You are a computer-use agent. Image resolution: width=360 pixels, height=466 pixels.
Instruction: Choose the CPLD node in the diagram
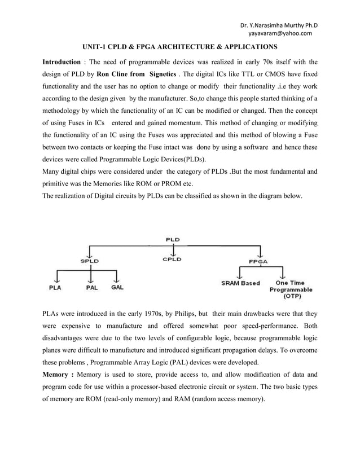tap(172, 260)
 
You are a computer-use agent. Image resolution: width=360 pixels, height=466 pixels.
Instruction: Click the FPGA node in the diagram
tap(258, 261)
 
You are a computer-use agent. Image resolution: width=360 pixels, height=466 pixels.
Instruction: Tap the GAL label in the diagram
tap(117, 288)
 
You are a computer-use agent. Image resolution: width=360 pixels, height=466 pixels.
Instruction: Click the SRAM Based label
tap(240, 283)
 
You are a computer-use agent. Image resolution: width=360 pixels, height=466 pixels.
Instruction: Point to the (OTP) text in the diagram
tap(291, 295)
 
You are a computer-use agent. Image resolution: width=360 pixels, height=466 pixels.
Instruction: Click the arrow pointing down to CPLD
tap(173, 250)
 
